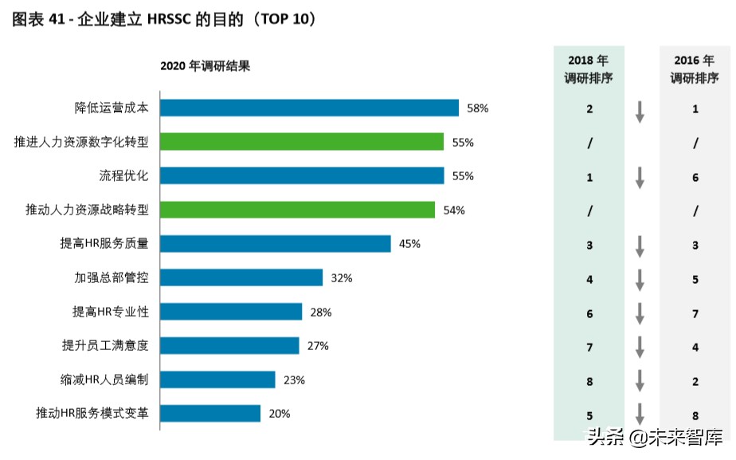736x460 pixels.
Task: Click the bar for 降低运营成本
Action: (309, 108)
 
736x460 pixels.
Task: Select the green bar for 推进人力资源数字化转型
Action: (302, 142)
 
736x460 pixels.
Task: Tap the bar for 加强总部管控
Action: (241, 277)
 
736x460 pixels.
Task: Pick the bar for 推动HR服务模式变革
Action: (210, 413)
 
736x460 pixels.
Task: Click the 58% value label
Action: (478, 108)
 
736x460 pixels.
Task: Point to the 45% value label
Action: (409, 244)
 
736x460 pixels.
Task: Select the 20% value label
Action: (280, 414)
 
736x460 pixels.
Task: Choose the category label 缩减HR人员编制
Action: (104, 379)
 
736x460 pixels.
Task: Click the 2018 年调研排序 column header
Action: (589, 69)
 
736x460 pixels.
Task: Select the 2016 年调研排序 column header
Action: (695, 69)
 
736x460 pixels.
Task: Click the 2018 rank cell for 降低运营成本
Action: (589, 109)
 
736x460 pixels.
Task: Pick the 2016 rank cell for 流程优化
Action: (695, 177)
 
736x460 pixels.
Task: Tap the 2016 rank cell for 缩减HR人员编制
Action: (695, 382)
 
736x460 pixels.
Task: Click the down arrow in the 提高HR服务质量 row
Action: (639, 247)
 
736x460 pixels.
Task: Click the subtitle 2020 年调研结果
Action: (206, 66)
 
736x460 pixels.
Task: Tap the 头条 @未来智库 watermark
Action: (655, 437)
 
